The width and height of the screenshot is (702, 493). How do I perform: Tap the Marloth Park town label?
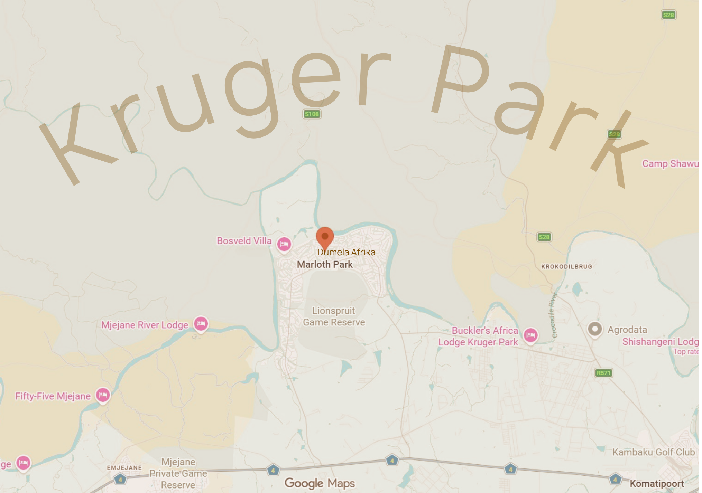tap(325, 265)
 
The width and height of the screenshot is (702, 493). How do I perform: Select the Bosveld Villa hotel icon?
tap(284, 244)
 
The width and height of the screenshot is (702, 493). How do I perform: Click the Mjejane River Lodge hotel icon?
tap(201, 324)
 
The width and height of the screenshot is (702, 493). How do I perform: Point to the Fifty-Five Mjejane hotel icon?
tap(103, 395)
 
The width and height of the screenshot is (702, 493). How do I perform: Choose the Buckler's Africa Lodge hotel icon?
tap(530, 335)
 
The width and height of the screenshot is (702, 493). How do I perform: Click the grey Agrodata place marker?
tap(595, 329)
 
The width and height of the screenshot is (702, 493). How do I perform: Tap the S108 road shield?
tap(312, 114)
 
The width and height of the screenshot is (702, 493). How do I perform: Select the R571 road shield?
tap(604, 373)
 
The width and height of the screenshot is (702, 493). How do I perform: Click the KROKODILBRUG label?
tap(566, 266)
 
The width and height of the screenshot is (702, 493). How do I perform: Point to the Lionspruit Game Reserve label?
tap(334, 316)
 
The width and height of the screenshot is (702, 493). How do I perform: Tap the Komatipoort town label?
tap(657, 484)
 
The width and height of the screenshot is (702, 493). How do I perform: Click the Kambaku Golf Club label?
tap(653, 452)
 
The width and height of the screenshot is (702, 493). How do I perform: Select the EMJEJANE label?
tap(124, 467)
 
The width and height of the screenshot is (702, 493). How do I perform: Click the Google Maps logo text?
tap(320, 483)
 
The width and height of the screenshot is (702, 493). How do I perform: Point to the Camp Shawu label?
tap(670, 163)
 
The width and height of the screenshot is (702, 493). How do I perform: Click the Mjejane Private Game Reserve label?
tap(178, 473)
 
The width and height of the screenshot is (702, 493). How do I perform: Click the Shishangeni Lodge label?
tap(661, 342)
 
